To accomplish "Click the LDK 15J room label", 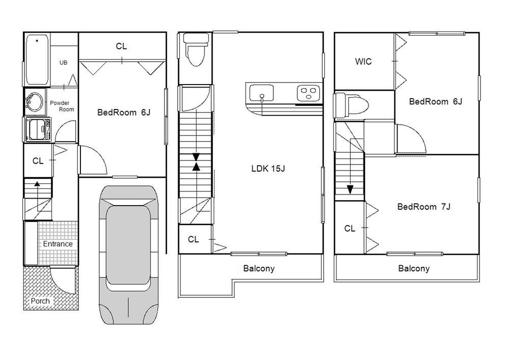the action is [x=268, y=169].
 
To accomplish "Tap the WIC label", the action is [x=363, y=61].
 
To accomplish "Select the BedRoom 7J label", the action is [x=423, y=207].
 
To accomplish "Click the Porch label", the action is [x=40, y=301].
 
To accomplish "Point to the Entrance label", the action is [x=58, y=244].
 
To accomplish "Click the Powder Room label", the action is [x=62, y=106].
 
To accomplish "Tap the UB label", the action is [x=63, y=62].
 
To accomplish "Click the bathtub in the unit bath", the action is [x=37, y=60].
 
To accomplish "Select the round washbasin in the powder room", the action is [x=34, y=102].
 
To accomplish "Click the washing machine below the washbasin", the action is [x=38, y=130].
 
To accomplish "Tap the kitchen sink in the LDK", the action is [x=261, y=93].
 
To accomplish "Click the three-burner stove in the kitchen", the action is [x=308, y=93].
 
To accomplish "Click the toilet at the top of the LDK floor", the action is [x=196, y=49].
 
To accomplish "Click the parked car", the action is [x=129, y=255].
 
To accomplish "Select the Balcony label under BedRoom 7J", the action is [x=413, y=268].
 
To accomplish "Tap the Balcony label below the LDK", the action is [x=259, y=268].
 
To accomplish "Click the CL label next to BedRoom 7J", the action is [x=350, y=229].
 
